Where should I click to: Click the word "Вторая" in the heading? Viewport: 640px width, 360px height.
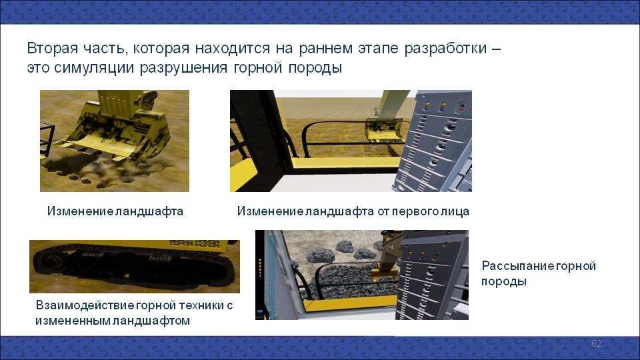coord(52,48)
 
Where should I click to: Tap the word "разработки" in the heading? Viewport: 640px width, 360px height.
coord(446,49)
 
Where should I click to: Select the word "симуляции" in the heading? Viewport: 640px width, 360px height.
coord(94,68)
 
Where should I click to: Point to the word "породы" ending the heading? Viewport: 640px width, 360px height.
coord(315,68)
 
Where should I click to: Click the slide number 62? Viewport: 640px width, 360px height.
coord(596,343)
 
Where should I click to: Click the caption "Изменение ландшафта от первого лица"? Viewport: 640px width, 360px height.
coord(353,211)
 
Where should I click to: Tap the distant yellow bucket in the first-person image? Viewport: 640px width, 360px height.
coord(382,130)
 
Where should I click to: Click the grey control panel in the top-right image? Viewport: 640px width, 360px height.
coord(435,143)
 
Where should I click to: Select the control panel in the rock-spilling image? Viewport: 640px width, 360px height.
coord(432,275)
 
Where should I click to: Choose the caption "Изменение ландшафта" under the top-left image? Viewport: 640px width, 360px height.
coord(115,211)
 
